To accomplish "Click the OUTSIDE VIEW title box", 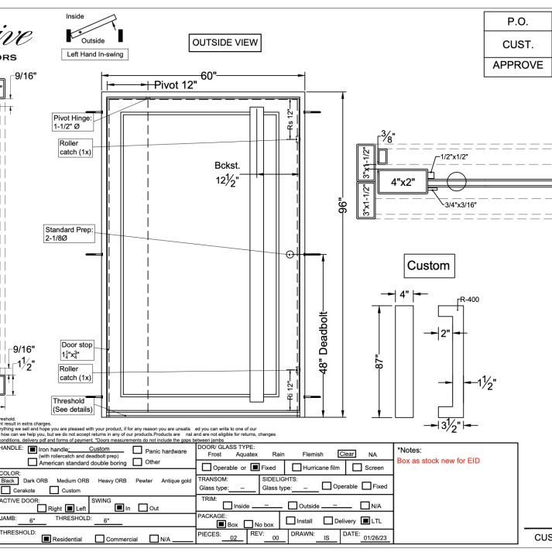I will (x=225, y=43).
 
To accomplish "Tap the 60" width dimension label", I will (x=208, y=75).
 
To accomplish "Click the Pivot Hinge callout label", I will (x=72, y=122).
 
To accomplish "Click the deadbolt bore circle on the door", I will (x=290, y=254).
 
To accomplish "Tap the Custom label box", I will (x=428, y=266).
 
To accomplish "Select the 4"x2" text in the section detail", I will (x=403, y=183).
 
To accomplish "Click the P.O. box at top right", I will (x=516, y=22).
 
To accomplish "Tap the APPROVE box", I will (x=517, y=65).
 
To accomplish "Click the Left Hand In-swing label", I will (x=94, y=54).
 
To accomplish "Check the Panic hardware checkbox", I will (x=138, y=450).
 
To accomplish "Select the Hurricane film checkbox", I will (x=297, y=468).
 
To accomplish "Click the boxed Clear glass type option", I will (x=346, y=454).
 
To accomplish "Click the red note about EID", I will (x=438, y=461).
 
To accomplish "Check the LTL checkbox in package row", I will (x=365, y=522).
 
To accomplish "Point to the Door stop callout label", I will (x=76, y=349).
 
